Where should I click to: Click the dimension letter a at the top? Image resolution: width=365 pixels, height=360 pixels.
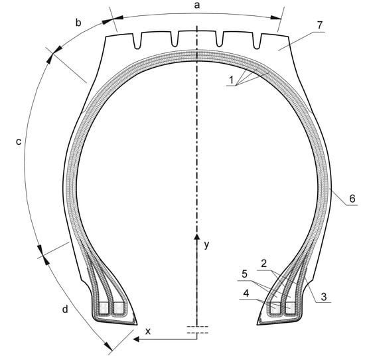coord(197,5)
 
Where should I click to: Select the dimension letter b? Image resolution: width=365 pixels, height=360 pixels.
coord(78,23)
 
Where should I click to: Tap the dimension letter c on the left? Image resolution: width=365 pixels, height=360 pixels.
coord(19,141)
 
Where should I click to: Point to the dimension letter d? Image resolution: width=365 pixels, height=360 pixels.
coord(65,309)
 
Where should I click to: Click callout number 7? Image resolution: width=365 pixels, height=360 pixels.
coord(320,25)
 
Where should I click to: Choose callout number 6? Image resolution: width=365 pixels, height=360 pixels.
coord(352,199)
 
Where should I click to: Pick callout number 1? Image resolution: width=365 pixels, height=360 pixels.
coord(231,80)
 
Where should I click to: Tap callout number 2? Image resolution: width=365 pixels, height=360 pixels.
coord(263,264)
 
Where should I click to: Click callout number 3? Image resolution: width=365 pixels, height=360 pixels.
coord(324,297)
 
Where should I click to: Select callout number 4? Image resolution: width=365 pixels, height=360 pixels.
coord(246,293)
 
